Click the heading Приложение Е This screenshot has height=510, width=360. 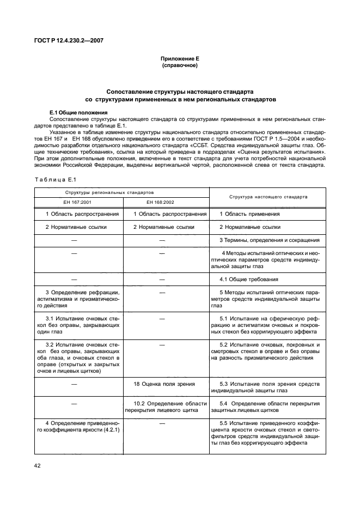pyautogui.click(x=180, y=58)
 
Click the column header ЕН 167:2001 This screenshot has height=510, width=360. pyautogui.click(x=78, y=202)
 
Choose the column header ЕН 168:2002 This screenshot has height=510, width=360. pyautogui.click(x=166, y=202)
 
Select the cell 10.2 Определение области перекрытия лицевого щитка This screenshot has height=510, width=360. pyautogui.click(x=166, y=406)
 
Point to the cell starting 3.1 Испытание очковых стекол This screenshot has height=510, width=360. pyautogui.click(x=78, y=325)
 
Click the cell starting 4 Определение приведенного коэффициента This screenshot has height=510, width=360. pyautogui.click(x=78, y=426)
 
